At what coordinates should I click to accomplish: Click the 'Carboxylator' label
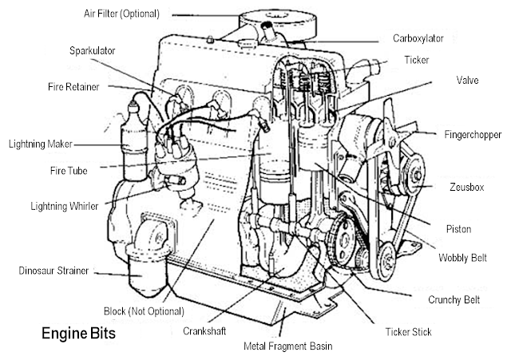point(418,38)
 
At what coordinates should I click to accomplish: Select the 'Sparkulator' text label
point(93,50)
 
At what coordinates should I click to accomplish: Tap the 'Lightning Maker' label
point(41,144)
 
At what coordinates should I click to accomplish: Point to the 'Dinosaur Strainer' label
point(53,271)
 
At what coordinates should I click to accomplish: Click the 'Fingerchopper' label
point(473,135)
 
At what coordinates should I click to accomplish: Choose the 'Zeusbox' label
point(466,187)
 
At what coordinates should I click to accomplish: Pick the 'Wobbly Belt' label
point(462,258)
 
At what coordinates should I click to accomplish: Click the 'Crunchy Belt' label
point(454,299)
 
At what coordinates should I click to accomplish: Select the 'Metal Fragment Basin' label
point(288,346)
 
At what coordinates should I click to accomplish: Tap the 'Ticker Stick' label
point(408,331)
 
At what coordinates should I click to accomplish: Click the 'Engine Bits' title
point(78,334)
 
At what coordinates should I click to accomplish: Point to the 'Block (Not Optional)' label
point(144,311)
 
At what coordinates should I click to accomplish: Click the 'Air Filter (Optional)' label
point(121,14)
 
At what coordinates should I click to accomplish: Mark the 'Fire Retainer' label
point(73,87)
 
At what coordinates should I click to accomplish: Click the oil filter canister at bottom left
point(149,272)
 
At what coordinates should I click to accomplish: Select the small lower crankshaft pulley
point(386,262)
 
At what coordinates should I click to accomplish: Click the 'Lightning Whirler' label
point(64,206)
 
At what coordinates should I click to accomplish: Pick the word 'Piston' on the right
point(458,229)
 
